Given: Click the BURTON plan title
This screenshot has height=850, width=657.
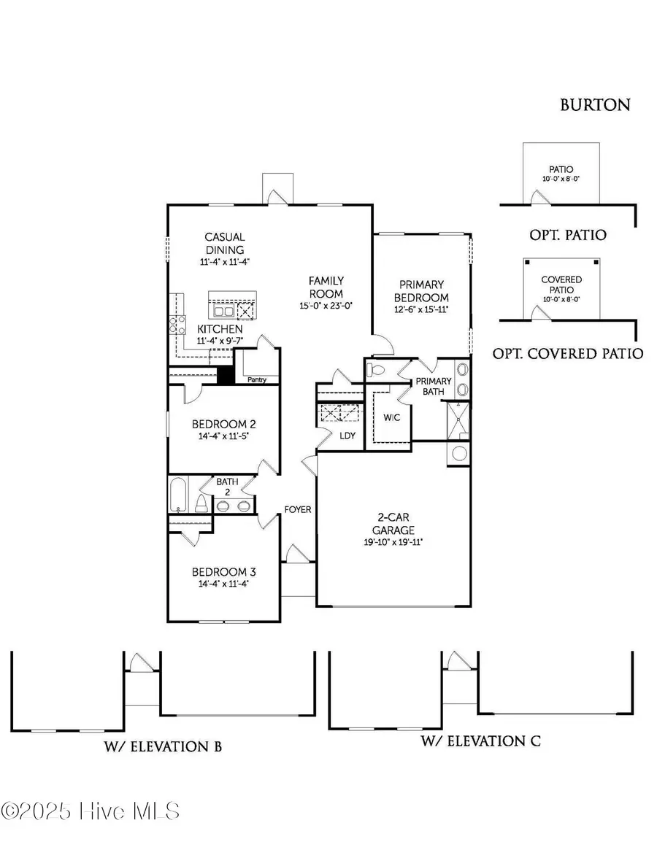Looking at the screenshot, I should [595, 104].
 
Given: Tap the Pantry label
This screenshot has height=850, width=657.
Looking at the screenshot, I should [256, 380].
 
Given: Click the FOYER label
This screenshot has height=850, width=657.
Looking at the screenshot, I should [299, 509].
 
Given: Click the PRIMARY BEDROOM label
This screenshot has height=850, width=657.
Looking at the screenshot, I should [421, 291].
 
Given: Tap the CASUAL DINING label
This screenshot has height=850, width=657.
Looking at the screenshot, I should [224, 243].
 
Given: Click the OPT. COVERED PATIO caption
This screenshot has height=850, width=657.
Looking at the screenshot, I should [568, 354].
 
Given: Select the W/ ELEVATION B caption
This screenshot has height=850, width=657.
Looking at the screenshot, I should [162, 746].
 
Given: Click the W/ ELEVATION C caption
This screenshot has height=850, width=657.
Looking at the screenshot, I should [481, 742].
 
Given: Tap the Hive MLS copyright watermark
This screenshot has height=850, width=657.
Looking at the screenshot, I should [91, 811].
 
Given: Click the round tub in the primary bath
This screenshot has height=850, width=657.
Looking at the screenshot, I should [459, 453].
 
